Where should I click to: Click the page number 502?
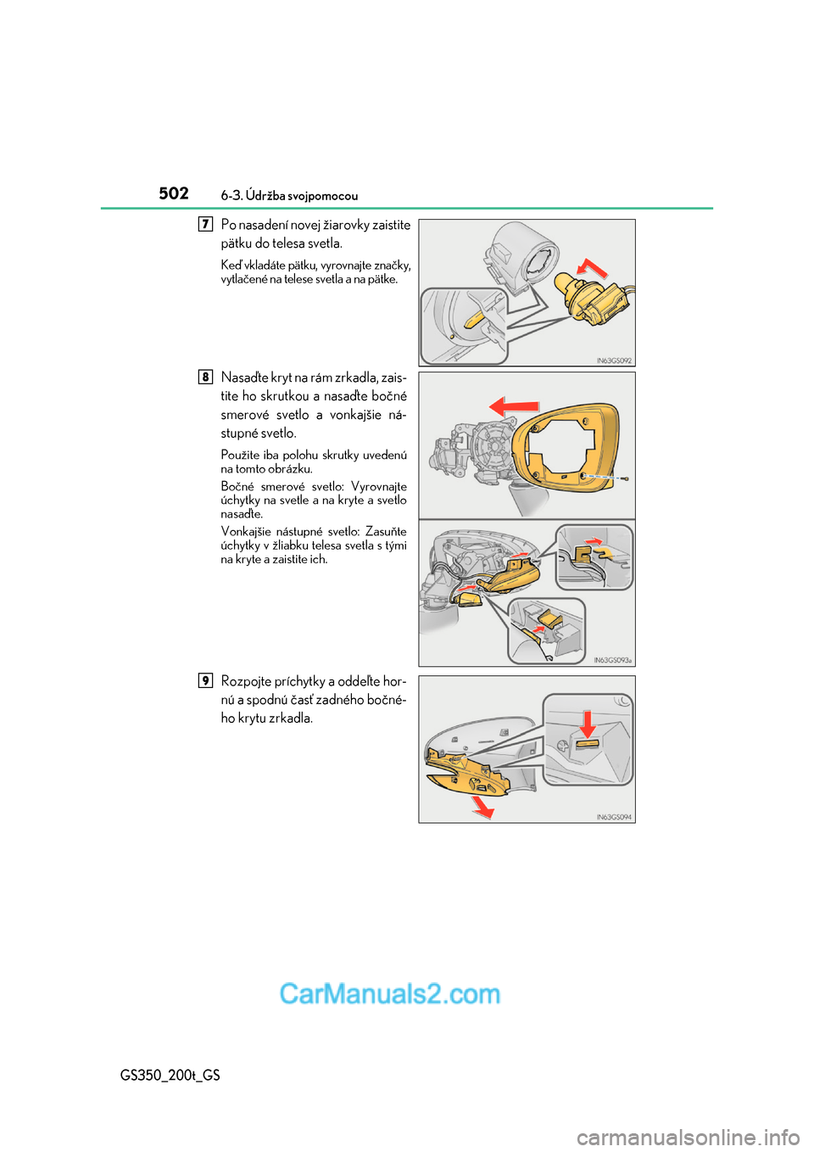coord(174,193)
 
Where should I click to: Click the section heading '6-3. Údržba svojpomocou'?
coord(289,196)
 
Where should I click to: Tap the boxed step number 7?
coord(205,224)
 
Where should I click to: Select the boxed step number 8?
coord(205,377)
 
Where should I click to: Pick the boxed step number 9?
coord(205,680)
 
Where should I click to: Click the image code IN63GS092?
coord(614,361)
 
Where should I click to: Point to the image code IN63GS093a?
coord(612,660)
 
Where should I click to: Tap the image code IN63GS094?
coord(614,817)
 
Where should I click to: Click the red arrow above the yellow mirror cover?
coord(515,406)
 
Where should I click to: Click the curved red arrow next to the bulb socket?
coord(593,268)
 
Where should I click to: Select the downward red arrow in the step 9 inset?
coord(587,724)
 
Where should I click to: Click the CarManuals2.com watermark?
coord(390,993)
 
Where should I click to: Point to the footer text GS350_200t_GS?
coord(170,1075)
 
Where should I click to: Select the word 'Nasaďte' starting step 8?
coord(244,377)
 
